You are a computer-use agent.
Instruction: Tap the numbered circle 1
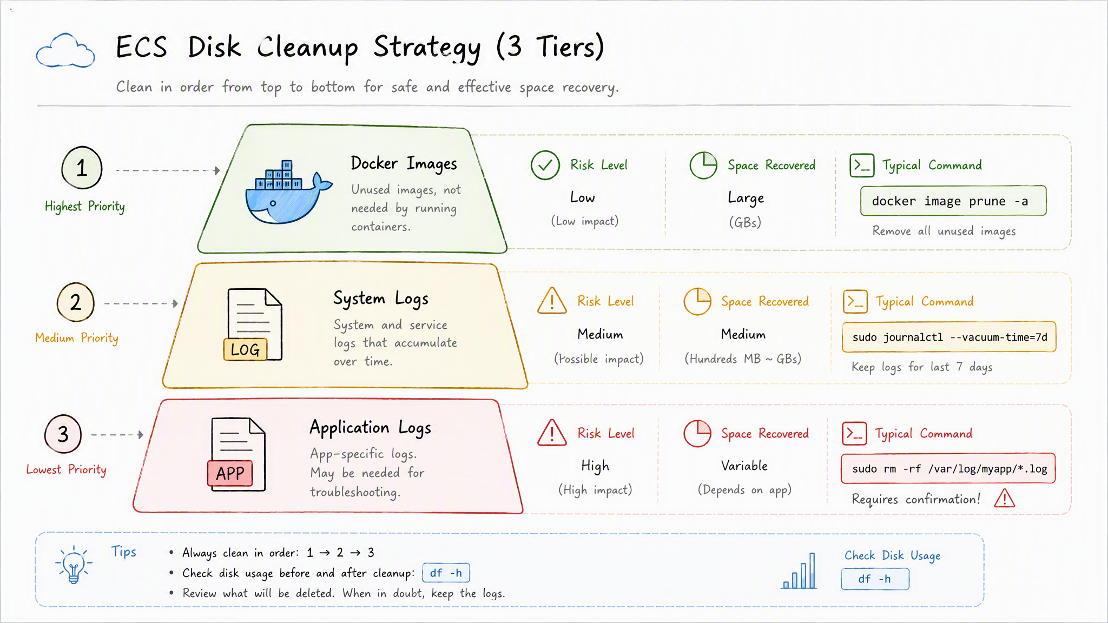pyautogui.click(x=82, y=168)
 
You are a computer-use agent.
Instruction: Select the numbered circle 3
pyautogui.click(x=63, y=434)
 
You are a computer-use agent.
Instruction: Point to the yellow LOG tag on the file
pyautogui.click(x=245, y=349)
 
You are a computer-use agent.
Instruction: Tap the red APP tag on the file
pyautogui.click(x=230, y=473)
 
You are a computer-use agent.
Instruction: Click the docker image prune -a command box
pyautogui.click(x=953, y=201)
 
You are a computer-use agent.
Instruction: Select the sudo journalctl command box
pyautogui.click(x=949, y=337)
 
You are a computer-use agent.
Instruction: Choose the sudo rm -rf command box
pyautogui.click(x=948, y=468)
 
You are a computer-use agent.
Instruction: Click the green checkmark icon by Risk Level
pyautogui.click(x=545, y=165)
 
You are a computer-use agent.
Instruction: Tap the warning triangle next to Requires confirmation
pyautogui.click(x=1005, y=498)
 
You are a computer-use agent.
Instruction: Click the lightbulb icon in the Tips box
pyautogui.click(x=74, y=564)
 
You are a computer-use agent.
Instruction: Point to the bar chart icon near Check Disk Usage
pyautogui.click(x=800, y=571)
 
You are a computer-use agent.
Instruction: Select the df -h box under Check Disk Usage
pyautogui.click(x=875, y=579)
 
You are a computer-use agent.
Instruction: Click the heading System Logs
pyautogui.click(x=381, y=299)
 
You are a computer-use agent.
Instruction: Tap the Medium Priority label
pyautogui.click(x=77, y=338)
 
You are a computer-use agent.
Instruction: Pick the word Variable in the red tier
pyautogui.click(x=744, y=466)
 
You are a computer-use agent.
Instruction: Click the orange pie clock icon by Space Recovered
pyautogui.click(x=698, y=301)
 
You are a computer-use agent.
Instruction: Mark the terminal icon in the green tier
pyautogui.click(x=862, y=165)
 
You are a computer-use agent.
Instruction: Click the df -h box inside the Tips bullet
pyautogui.click(x=446, y=573)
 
